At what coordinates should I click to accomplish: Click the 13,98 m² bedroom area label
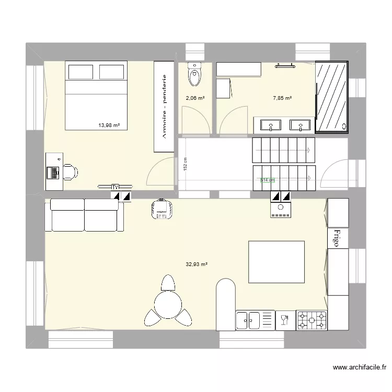109,125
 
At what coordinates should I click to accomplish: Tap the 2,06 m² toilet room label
195,98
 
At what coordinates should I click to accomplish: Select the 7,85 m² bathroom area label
282,98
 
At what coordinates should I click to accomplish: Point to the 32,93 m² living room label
197,264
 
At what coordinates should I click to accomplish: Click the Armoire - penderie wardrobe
164,107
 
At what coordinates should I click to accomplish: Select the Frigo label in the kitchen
337,238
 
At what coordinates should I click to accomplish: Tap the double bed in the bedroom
96,96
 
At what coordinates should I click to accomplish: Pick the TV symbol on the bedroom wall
115,186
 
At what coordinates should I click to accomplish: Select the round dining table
167,303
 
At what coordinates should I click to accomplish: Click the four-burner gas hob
312,320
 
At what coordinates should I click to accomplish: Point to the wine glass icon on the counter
285,319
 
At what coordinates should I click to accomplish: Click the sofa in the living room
85,215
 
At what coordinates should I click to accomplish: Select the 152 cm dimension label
185,164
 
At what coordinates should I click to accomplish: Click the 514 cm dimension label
267,180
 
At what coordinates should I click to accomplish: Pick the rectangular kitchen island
276,261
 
